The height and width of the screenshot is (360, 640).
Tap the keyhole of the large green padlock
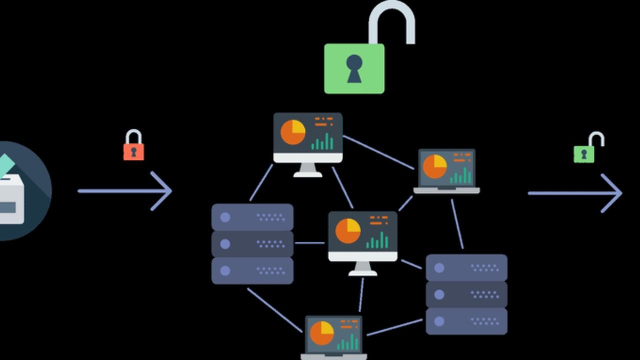coord(354,68)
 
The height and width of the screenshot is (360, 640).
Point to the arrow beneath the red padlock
coord(125,190)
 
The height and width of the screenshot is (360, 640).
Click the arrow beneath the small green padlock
coord(575,193)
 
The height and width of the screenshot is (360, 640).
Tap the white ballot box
coord(11,200)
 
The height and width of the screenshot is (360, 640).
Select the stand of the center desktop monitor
coord(362,269)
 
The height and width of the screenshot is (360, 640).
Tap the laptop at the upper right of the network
coord(446,171)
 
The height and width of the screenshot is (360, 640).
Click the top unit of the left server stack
coord(252,217)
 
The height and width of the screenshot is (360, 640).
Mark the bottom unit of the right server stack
coord(466,321)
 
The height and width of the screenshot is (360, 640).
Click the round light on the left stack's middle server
coord(225,244)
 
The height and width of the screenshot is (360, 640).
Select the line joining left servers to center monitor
coord(310,243)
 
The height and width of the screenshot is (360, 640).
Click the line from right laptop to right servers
coord(457,224)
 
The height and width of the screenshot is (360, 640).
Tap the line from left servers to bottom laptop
coord(274,310)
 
